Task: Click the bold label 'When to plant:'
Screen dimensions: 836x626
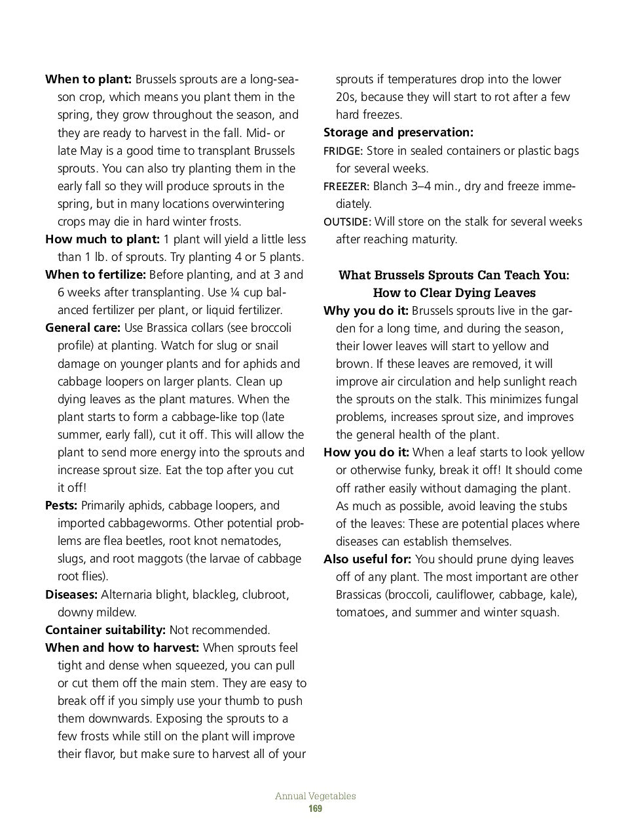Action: coord(88,79)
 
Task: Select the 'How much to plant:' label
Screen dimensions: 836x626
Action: coord(102,239)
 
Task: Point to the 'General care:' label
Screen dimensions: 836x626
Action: coord(83,328)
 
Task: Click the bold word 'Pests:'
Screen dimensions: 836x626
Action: coord(62,506)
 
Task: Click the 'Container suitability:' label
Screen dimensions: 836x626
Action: coord(105,630)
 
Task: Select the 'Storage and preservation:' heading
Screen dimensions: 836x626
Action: coord(398,132)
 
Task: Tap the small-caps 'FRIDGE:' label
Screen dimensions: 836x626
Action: coord(343,151)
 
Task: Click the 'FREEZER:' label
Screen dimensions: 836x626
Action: coord(346,187)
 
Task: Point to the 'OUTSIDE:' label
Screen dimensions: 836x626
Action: coord(347,222)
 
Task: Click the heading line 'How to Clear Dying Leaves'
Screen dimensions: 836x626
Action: coord(454,292)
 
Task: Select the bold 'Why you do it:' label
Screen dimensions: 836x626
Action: coord(366,311)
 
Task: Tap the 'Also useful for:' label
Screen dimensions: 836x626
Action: coord(367,559)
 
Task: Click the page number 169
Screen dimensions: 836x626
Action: coord(315,809)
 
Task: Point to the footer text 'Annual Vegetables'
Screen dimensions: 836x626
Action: coord(315,796)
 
